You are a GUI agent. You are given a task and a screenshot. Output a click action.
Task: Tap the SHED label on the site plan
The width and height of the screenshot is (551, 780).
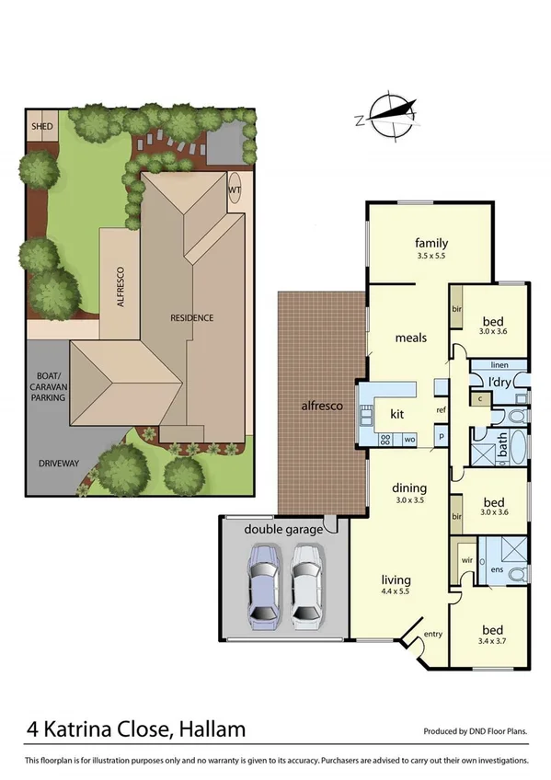tap(41, 125)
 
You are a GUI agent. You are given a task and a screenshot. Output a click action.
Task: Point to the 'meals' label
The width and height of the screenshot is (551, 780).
tap(410, 338)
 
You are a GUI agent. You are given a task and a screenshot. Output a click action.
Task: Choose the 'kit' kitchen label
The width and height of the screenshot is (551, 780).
tap(397, 414)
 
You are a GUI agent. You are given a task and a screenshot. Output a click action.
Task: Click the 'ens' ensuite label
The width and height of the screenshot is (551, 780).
tap(496, 570)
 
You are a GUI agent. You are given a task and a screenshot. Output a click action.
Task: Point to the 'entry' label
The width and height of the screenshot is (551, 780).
tap(433, 634)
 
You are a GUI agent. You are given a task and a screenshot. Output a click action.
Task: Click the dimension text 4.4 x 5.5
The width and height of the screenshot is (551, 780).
tap(396, 593)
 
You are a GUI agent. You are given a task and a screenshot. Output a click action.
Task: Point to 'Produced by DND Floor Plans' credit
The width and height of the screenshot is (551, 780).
tap(475, 732)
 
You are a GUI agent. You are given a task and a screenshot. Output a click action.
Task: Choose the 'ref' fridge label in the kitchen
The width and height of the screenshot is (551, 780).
tap(442, 409)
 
